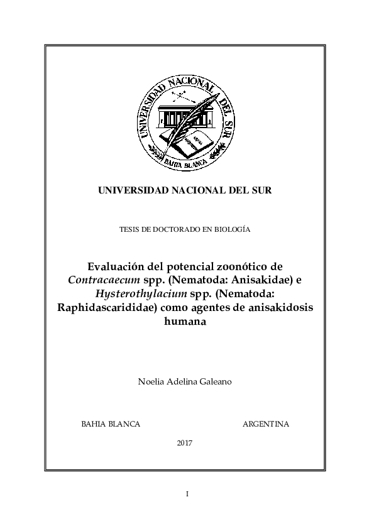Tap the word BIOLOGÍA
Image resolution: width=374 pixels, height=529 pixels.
[x=235, y=229]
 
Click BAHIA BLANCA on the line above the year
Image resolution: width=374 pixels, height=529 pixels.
[x=111, y=424]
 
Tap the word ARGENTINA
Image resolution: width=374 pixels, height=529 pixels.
[x=265, y=424]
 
